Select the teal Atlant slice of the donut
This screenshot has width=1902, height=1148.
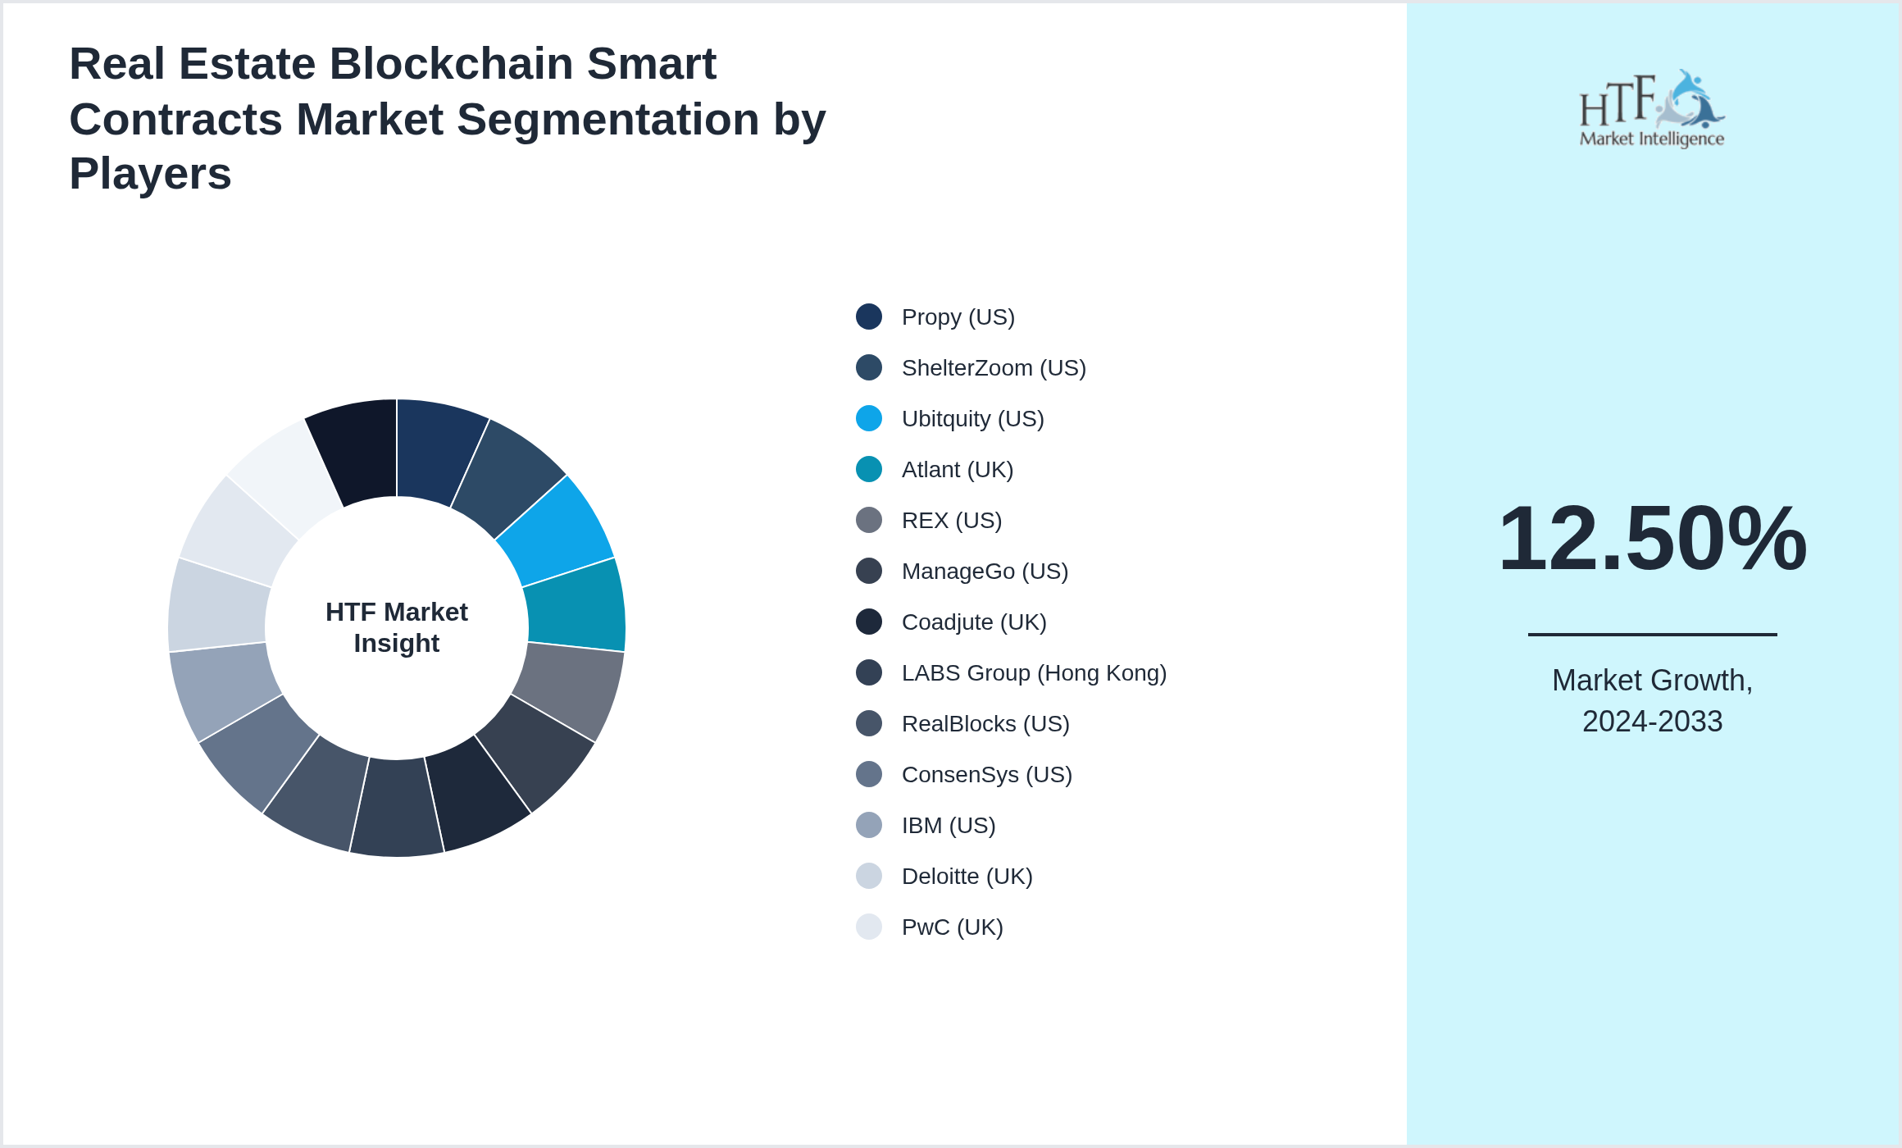point(576,605)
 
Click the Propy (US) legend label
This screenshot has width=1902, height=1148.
point(958,317)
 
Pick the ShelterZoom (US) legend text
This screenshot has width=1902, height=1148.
point(993,367)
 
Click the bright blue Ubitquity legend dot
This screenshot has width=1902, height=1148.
point(868,418)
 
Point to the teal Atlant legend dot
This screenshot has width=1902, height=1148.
point(868,469)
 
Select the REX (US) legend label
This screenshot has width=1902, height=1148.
point(951,520)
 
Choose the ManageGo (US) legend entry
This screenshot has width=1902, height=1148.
point(984,571)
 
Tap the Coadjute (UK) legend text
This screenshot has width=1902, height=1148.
point(973,622)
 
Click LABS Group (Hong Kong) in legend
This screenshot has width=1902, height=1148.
point(1033,672)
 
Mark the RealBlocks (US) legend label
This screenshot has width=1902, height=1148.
point(985,723)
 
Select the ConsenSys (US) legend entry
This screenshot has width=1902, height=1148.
point(986,774)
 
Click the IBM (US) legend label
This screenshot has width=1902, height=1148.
point(948,825)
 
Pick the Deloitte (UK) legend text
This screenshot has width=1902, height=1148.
point(967,876)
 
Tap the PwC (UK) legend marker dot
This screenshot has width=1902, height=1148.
point(868,927)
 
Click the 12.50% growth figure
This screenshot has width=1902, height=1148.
point(1652,539)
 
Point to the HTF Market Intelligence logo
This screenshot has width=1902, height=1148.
point(1652,108)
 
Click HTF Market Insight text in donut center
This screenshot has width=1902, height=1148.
point(397,627)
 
